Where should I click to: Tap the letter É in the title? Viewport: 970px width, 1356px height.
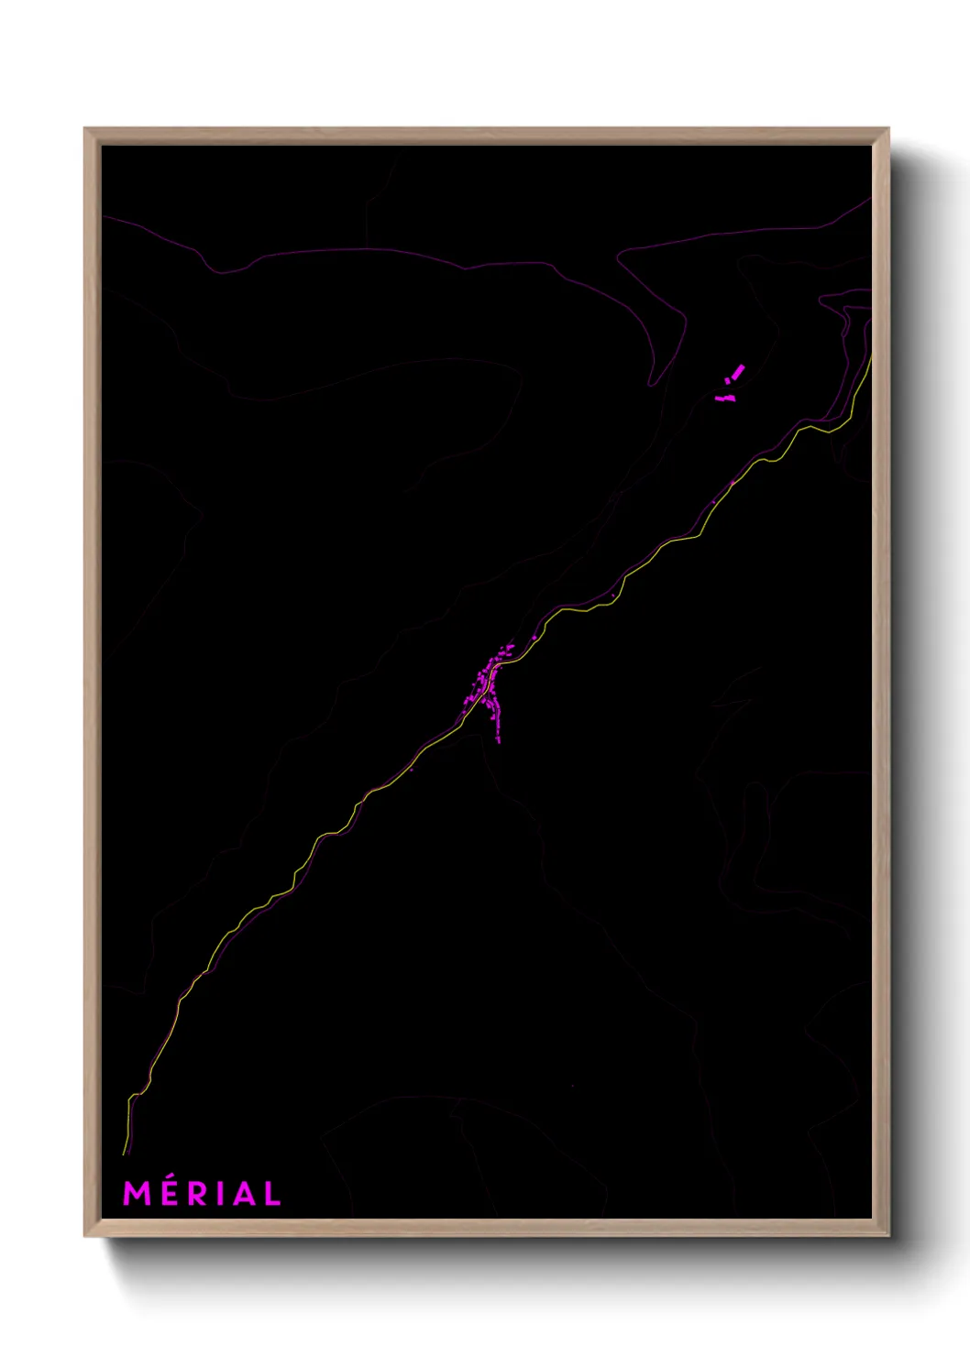point(168,1194)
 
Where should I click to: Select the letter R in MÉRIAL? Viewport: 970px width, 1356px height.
point(195,1194)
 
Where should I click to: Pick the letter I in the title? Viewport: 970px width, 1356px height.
point(217,1194)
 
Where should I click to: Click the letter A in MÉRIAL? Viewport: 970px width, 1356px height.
point(240,1194)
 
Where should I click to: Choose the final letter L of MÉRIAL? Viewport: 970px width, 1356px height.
point(271,1194)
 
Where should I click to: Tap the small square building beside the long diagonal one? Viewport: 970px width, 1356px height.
point(728,380)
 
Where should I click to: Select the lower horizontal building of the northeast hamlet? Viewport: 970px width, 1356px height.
point(725,399)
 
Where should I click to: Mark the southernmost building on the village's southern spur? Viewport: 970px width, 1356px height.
point(499,739)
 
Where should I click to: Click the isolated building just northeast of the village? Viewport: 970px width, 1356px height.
point(535,637)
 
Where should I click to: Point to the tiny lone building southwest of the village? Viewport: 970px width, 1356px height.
point(411,770)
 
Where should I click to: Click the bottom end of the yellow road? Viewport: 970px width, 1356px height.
point(125,1153)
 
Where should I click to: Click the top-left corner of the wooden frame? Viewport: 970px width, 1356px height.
point(85,129)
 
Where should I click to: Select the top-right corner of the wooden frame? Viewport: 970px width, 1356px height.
point(887,129)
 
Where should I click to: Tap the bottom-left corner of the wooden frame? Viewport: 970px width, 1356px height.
point(85,1236)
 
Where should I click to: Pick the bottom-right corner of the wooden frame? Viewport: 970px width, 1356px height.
point(887,1236)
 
